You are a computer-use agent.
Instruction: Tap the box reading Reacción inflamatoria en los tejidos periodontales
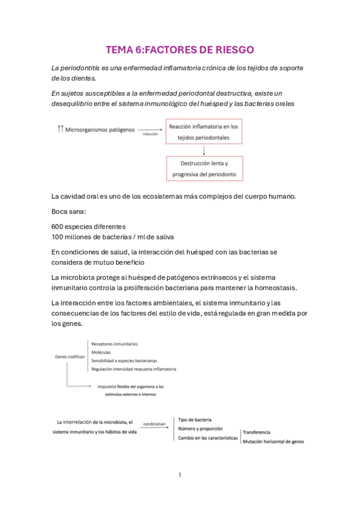tap(204, 132)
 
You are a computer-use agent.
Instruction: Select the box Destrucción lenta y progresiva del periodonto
tap(204, 169)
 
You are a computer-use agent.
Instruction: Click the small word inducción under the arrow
tap(150, 134)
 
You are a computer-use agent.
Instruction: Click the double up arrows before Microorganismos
tap(59, 129)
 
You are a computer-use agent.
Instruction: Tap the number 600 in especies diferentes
tap(59, 227)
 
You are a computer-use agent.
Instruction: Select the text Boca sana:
tap(69, 212)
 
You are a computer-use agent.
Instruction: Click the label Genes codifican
tap(70, 357)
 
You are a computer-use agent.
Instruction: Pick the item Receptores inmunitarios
tap(114, 344)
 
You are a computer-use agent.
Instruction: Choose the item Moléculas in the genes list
tap(102, 352)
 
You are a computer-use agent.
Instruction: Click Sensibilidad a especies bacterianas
tap(124, 360)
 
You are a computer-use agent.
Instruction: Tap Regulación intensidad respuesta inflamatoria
tap(133, 369)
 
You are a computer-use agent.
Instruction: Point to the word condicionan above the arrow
tap(154, 423)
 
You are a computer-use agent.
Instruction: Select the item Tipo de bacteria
tap(195, 419)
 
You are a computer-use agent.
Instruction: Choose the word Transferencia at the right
tap(256, 432)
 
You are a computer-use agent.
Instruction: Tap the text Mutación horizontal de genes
tap(273, 442)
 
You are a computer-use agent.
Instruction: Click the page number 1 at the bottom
tap(180, 475)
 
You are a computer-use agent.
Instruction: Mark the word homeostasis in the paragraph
tap(281, 287)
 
